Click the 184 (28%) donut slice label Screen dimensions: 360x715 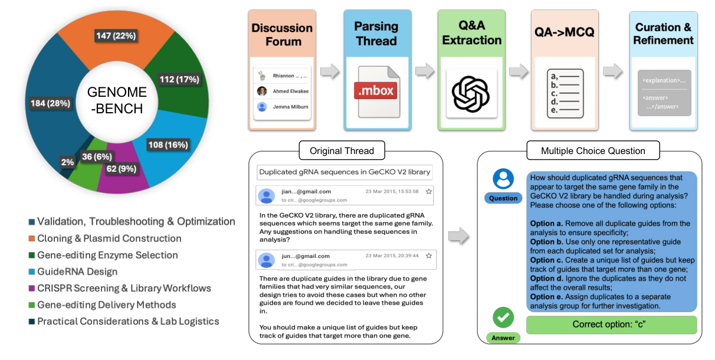coord(51,103)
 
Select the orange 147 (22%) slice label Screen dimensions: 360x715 coord(116,36)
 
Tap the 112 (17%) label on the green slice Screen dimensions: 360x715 coord(179,79)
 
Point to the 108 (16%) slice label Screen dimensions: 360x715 coord(168,145)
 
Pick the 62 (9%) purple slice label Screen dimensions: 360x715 coord(122,169)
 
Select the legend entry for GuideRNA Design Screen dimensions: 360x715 coord(77,271)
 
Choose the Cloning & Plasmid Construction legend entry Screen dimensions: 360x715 coord(109,238)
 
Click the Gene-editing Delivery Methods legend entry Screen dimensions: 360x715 coord(106,305)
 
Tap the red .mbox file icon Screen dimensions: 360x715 coord(376,91)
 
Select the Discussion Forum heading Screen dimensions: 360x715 coord(282,35)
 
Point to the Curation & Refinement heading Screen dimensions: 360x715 coord(663,34)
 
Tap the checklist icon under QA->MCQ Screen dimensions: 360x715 coord(565,93)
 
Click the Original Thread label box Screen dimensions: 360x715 coord(342,150)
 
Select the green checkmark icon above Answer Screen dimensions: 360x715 coord(503,318)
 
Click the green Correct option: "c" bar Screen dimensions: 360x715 coord(611,325)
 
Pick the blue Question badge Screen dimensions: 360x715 coord(503,198)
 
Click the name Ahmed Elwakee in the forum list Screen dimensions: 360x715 coord(290,91)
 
